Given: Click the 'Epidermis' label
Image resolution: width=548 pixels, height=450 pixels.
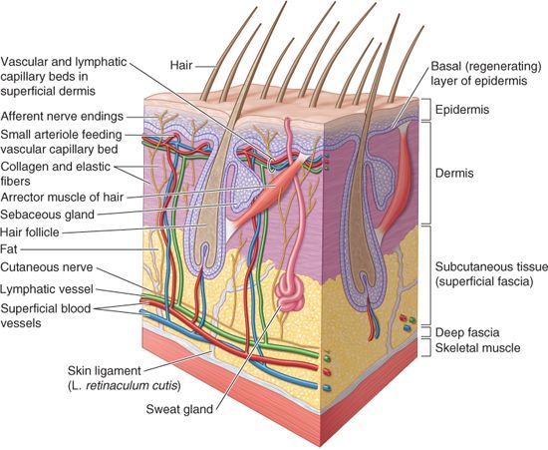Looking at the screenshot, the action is (x=461, y=110).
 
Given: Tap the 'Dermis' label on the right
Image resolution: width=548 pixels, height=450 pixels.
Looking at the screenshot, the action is (x=454, y=173).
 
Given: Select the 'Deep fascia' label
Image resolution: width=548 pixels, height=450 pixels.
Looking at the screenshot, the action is (x=467, y=332).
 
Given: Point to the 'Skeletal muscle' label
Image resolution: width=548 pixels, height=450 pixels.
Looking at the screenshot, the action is (x=477, y=348).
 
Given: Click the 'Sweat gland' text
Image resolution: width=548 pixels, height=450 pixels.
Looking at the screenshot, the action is (x=179, y=409).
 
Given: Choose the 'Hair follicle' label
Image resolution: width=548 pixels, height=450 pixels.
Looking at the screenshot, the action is (x=30, y=232).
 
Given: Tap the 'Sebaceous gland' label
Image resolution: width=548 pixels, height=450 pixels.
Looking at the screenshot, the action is (x=48, y=215).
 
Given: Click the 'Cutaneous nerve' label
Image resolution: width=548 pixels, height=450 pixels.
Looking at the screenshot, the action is (x=47, y=267).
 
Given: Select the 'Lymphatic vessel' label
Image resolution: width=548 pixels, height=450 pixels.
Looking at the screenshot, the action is (x=47, y=289).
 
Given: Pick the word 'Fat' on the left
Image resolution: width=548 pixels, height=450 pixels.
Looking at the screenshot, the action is (x=9, y=249).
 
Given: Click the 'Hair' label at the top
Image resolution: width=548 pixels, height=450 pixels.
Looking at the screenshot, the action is (x=181, y=65).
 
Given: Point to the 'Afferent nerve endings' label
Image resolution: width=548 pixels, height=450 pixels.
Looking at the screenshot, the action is (x=62, y=116).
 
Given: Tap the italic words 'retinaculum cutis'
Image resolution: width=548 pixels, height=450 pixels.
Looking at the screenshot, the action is (x=132, y=385).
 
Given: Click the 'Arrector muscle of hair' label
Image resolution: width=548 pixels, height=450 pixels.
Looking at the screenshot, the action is (x=62, y=197).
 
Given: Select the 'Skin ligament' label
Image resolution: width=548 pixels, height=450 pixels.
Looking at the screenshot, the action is (x=105, y=370).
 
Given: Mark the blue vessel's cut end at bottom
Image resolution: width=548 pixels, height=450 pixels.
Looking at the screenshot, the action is (x=327, y=388).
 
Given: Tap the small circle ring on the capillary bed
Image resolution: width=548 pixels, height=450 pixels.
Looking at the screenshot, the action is (x=271, y=165).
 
